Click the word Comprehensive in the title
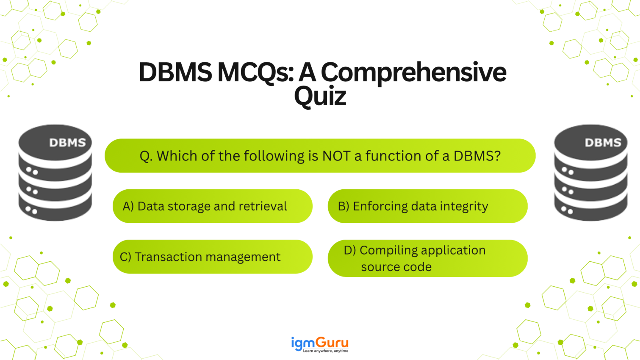click(x=413, y=72)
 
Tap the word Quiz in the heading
click(x=320, y=96)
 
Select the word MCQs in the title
click(x=255, y=72)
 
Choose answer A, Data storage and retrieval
click(x=212, y=206)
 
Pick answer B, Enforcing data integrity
click(x=427, y=206)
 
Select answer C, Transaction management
click(x=212, y=257)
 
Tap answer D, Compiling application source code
click(x=427, y=258)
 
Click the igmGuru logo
click(x=320, y=343)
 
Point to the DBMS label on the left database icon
click(x=67, y=143)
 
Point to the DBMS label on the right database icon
click(x=603, y=143)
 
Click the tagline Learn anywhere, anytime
click(x=325, y=351)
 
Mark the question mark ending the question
click(x=497, y=156)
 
